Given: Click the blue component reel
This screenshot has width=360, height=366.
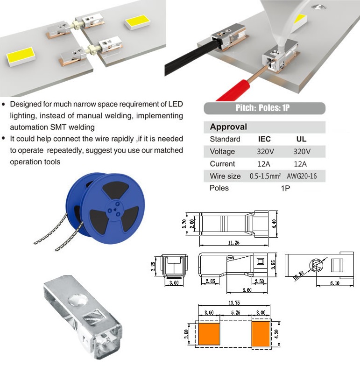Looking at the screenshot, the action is pos(106,208).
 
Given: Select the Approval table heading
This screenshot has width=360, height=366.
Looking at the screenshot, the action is pos(228,127).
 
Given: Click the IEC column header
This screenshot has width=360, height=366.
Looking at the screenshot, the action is pos(264,139).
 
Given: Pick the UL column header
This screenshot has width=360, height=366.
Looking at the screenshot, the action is pos(301,139).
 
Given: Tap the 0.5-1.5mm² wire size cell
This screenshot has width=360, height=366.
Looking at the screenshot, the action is pos(265,176).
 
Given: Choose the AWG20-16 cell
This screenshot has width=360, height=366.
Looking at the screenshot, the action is pos(302,176).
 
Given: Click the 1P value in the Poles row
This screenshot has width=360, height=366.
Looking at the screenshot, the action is pos(285,188).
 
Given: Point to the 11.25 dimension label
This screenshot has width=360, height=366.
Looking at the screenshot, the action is pos(233,243).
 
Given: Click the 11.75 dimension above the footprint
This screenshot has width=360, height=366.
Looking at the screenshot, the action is pos(234,303).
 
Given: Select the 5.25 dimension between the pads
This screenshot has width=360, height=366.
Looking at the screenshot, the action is pos(235,313).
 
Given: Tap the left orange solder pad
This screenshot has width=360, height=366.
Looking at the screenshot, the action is pos(209,334).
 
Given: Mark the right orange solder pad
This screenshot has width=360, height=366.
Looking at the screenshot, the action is pos(261,334).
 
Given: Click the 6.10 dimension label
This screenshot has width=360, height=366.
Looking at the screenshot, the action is pos(335,283).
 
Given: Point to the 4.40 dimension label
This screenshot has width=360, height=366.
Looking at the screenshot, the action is pos(275,224).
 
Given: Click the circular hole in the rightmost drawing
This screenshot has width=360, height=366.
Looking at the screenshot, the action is pos(316,266).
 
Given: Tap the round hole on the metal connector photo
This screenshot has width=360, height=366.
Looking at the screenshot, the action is pos(78,301).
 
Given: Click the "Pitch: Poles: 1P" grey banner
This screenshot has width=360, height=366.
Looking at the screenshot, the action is pos(264,108).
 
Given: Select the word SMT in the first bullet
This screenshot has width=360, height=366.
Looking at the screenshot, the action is pos(58,127).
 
